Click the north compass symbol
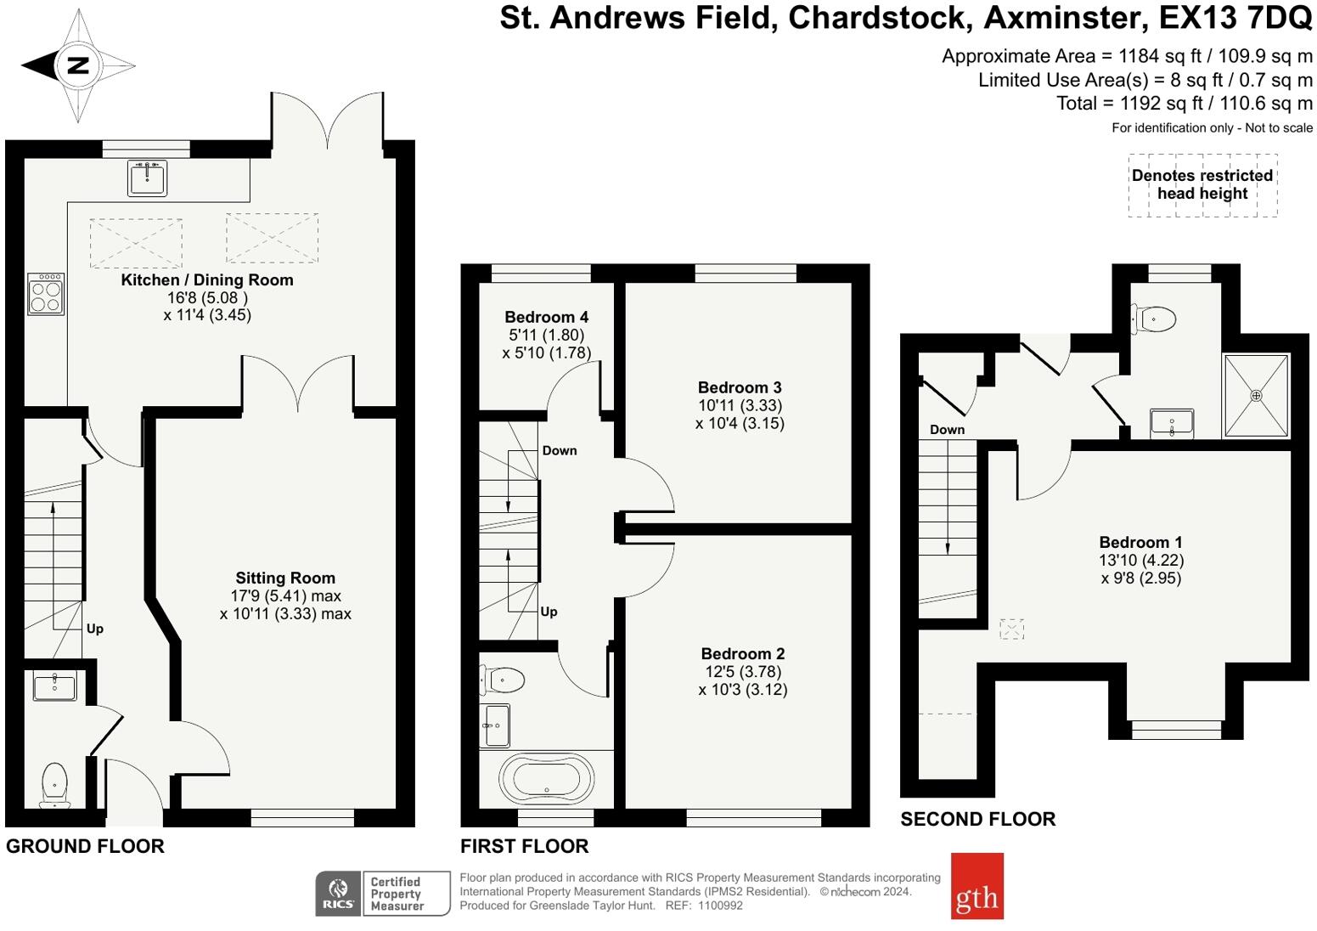point(77,65)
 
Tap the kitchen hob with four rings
point(46,294)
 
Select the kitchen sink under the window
point(148,178)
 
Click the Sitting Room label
point(285,578)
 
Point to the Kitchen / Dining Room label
point(207,279)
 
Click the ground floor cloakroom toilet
point(54,784)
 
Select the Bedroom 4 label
point(546,317)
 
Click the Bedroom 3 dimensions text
point(740,415)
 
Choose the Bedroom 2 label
point(743,653)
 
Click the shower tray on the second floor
point(1256,396)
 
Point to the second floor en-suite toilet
point(1155,319)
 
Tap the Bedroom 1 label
point(1140,542)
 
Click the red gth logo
point(976,886)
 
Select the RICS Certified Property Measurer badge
point(382,893)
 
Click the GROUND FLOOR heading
point(85,846)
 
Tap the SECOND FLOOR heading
point(977,819)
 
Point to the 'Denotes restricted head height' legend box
point(1202,185)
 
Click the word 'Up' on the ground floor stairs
point(94,629)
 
